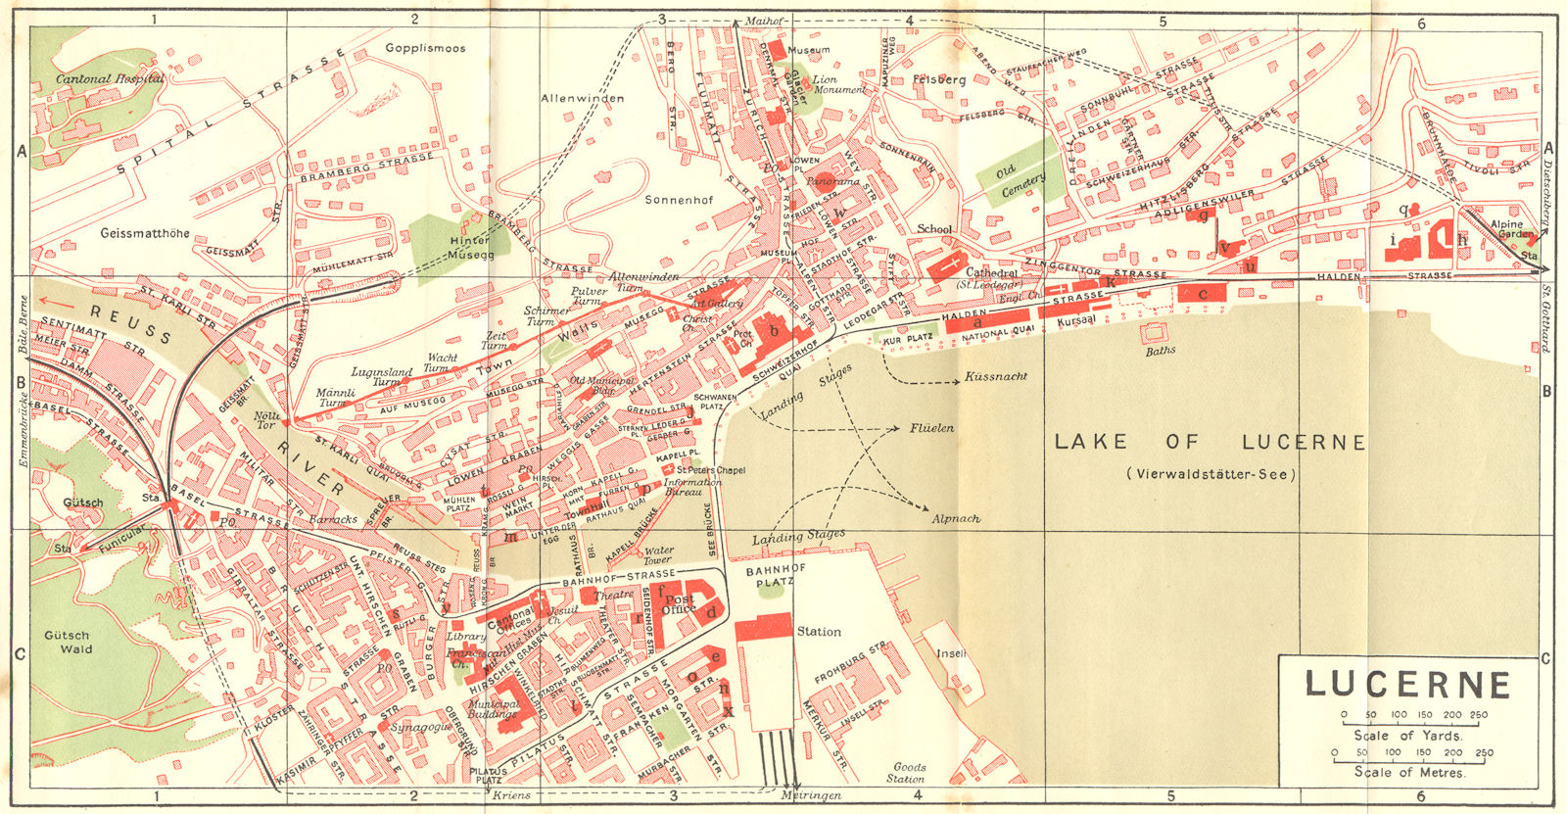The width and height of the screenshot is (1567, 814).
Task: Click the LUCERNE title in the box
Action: [x=1408, y=684]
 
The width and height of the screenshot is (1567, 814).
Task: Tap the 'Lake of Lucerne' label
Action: [x=1210, y=443]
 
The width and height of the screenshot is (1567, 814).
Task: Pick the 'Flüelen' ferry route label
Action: [x=930, y=428]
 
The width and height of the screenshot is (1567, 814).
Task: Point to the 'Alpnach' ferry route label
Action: [x=956, y=518]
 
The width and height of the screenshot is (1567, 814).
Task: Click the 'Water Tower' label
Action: [x=658, y=555]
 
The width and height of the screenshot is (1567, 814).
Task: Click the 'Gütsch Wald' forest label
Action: [x=68, y=642]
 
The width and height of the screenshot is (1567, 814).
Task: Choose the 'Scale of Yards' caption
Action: [x=1408, y=735]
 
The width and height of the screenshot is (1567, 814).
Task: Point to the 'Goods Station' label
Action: [x=906, y=773]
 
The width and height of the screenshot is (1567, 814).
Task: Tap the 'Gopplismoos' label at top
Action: [x=425, y=47]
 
